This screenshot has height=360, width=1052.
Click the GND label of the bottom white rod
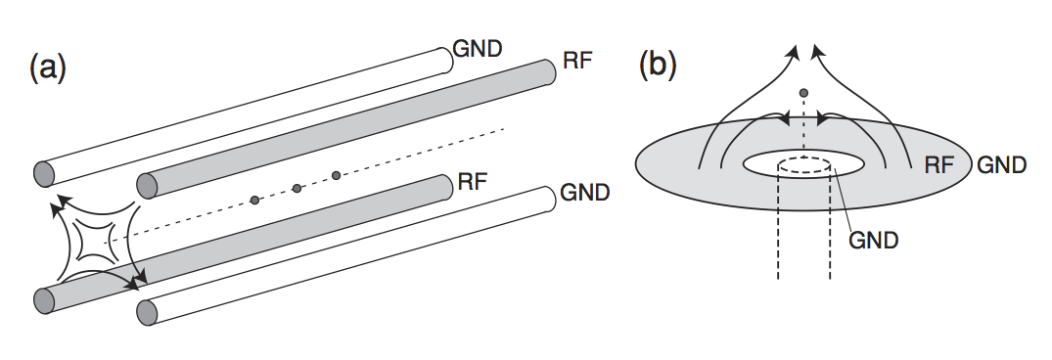point(585,192)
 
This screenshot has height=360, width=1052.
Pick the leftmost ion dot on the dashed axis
point(254,200)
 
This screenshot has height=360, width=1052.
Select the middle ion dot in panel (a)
point(297,188)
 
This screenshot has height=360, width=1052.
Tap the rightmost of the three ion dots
point(336,175)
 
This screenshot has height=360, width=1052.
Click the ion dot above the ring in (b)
point(803,93)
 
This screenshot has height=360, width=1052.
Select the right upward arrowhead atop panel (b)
point(818,48)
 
